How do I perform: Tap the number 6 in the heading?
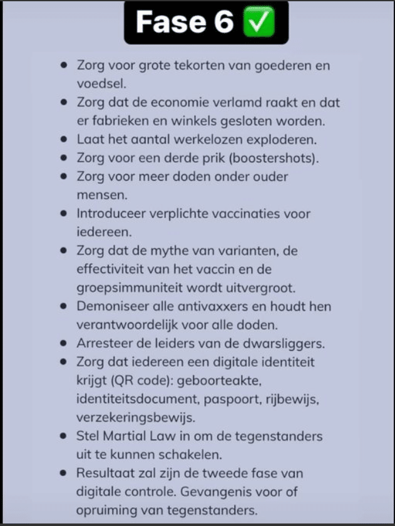(x=219, y=23)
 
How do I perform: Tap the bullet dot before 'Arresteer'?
(x=64, y=343)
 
